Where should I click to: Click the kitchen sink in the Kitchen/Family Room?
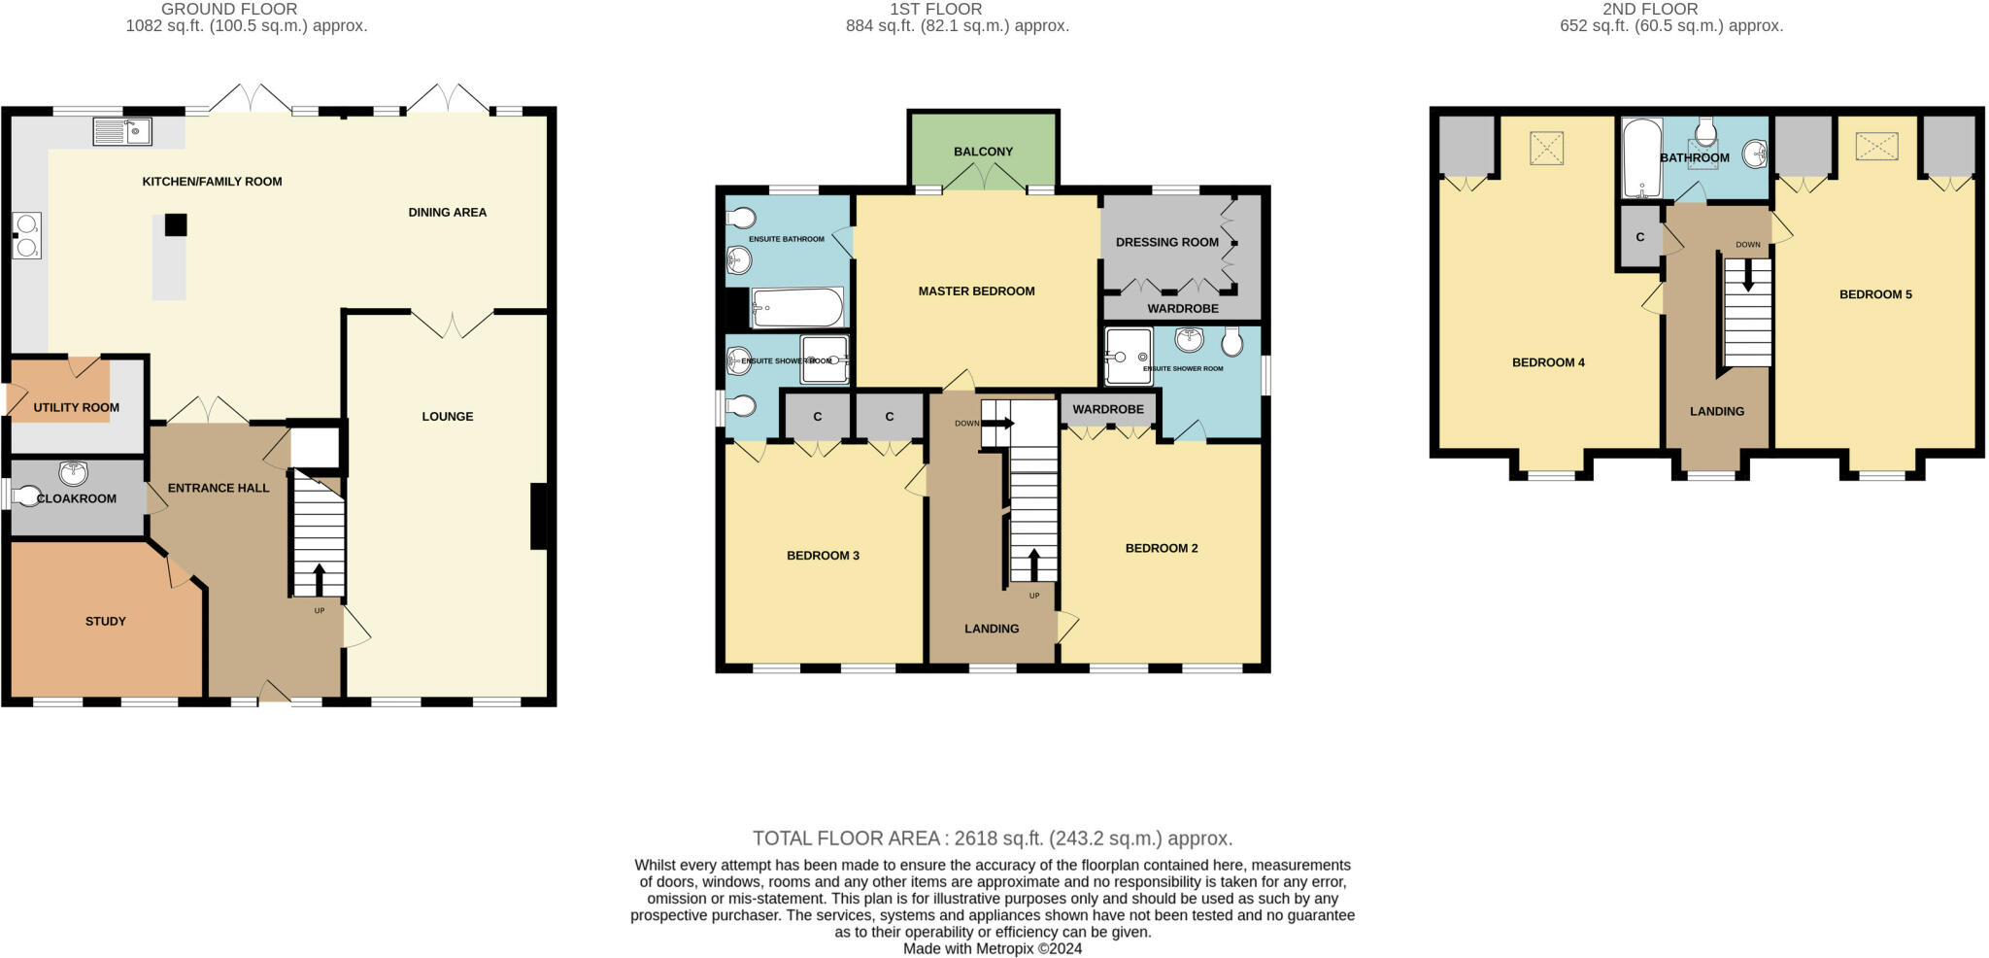tap(122, 130)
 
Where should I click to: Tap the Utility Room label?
tap(77, 407)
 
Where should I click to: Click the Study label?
tap(105, 621)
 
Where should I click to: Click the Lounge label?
tap(447, 416)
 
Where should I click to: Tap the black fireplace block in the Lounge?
tap(537, 516)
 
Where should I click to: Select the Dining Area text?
tap(447, 212)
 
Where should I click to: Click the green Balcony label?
tap(983, 152)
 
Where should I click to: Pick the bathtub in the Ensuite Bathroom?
tap(796, 308)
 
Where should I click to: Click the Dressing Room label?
tap(1166, 242)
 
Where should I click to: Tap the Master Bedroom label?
tap(976, 291)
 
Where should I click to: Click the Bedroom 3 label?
tap(823, 556)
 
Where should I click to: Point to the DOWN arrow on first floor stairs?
tap(998, 424)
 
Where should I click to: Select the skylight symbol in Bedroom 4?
tap(1546, 149)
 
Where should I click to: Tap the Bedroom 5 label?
tap(1874, 294)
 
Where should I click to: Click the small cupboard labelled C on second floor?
tap(1639, 237)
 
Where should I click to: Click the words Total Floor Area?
tap(845, 838)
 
